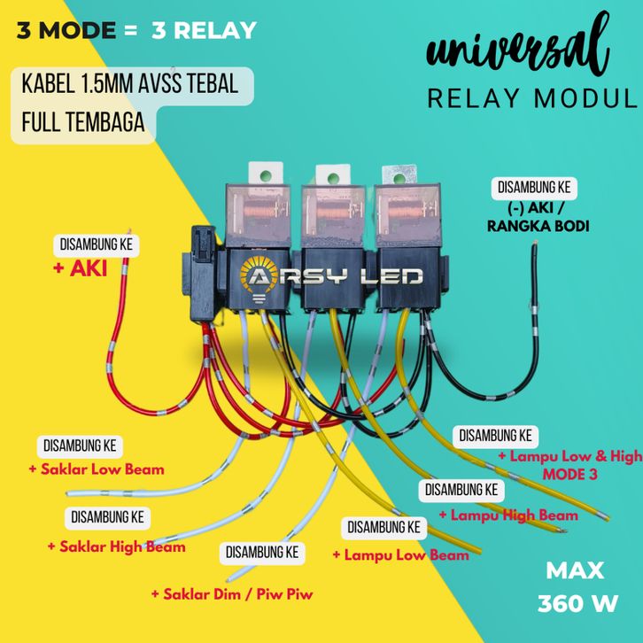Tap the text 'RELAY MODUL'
[x=532, y=98]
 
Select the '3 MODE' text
[x=66, y=31]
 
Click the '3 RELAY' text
[x=204, y=31]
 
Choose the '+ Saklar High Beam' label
[x=116, y=546]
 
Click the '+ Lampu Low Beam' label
[x=400, y=555]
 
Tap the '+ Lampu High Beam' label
[x=508, y=515]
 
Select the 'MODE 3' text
[x=569, y=475]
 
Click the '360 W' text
[x=577, y=604]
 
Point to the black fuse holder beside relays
[x=199, y=266]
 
